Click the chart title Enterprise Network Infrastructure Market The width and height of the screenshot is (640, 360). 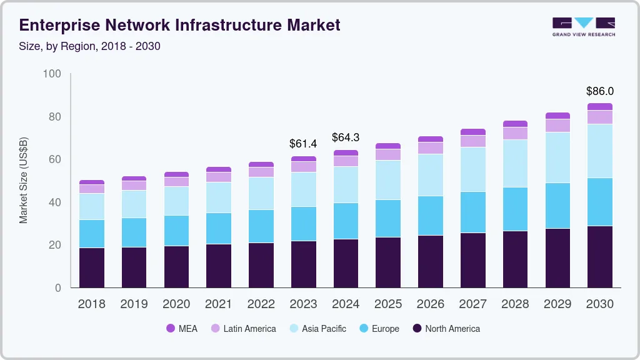[x=180, y=25]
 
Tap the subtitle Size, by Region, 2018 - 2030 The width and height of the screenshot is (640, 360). [x=90, y=46]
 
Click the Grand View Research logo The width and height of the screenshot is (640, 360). [x=583, y=26]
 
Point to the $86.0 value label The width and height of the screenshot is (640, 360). [x=600, y=91]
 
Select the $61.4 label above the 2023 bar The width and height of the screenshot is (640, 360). [x=303, y=144]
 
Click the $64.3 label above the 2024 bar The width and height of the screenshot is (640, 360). [x=346, y=137]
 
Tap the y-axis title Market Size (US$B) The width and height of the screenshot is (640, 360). [x=24, y=180]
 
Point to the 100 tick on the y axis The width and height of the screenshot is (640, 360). [x=52, y=74]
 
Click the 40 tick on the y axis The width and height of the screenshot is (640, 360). [x=55, y=202]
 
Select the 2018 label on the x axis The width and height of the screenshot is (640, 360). [x=92, y=304]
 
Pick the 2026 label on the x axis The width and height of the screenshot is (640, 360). [x=430, y=304]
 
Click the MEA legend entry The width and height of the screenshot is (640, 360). [x=181, y=329]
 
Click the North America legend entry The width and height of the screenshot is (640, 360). [x=446, y=329]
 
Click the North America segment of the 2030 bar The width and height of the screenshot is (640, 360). [x=600, y=256]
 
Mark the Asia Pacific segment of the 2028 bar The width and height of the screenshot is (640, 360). [x=515, y=163]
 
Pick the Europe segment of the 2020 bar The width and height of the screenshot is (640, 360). [x=176, y=231]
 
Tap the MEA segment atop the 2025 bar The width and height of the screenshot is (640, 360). [x=388, y=146]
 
